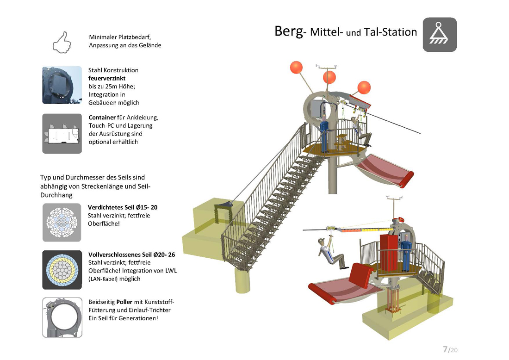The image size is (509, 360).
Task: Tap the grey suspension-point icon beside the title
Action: tap(440, 35)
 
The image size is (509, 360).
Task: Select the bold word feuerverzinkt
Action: tap(107, 78)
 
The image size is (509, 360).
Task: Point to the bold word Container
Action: tap(102, 118)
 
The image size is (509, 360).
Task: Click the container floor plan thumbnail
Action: tap(62, 133)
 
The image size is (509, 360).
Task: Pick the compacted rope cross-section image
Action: tap(62, 223)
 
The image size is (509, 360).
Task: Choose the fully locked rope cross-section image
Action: tap(62, 270)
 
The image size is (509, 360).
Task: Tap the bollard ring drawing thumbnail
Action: tap(62, 317)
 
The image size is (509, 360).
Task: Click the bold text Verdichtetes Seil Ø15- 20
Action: tap(122, 207)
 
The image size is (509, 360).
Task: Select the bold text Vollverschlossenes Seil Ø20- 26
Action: tap(131, 255)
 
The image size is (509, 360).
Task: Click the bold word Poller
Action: tap(124, 302)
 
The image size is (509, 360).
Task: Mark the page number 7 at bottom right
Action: tap(445, 349)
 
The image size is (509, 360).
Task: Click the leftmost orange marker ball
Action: tap(296, 68)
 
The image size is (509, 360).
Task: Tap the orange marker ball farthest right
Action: tap(364, 87)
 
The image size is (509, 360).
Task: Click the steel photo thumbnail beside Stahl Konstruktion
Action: tap(62, 85)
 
